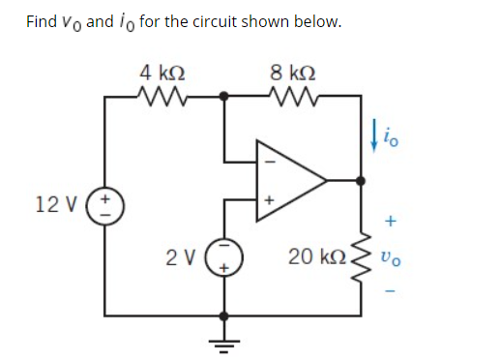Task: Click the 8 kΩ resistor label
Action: click(291, 72)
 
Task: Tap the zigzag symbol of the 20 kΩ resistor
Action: click(364, 256)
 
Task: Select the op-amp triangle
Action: click(285, 180)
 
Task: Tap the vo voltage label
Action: click(388, 258)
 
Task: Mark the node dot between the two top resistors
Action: click(225, 96)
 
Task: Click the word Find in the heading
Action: click(42, 21)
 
